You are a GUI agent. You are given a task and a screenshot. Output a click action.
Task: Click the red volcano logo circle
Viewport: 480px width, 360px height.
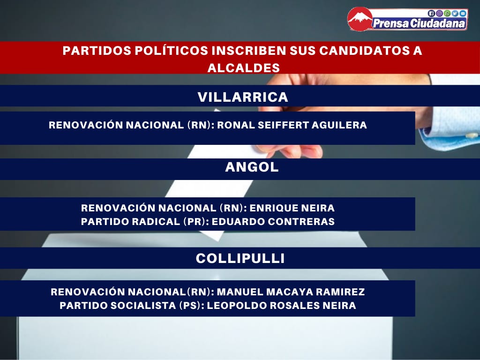point(360,19)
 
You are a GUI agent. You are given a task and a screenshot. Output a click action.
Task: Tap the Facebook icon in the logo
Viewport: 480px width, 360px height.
point(431,13)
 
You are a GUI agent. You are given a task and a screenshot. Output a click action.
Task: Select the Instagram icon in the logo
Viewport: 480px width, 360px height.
point(439,13)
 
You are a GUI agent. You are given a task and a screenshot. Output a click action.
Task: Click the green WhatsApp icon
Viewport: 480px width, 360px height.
point(447,13)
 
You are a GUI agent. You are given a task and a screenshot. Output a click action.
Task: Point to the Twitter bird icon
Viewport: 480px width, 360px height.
point(455,13)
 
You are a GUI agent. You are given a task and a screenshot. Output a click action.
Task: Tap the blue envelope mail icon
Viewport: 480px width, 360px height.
point(463,13)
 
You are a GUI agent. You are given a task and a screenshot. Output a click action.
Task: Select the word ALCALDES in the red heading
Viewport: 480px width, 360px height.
point(244,67)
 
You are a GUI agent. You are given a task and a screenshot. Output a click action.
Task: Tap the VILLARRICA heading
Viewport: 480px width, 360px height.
point(243,97)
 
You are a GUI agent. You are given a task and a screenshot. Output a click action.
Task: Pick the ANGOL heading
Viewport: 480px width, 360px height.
point(252,167)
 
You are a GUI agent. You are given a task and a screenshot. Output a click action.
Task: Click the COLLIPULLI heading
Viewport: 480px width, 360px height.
point(240,258)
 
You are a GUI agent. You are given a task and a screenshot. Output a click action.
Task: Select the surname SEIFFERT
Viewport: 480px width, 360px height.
point(283,125)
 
